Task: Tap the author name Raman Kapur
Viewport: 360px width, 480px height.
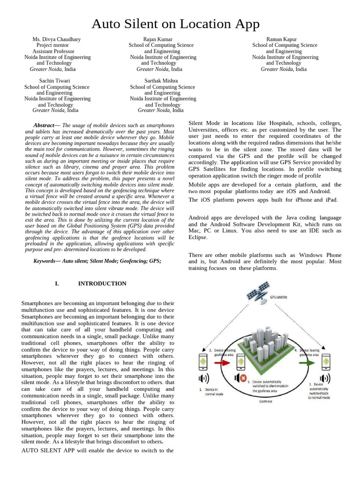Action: pos(281,39)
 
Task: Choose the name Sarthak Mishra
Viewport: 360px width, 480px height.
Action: pos(161,81)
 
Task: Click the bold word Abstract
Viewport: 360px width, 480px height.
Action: pos(44,126)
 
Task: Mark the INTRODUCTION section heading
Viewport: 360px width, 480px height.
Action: pos(102,284)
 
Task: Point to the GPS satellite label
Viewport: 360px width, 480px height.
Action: pos(278,297)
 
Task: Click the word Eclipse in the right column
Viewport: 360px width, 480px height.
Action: pos(197,237)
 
